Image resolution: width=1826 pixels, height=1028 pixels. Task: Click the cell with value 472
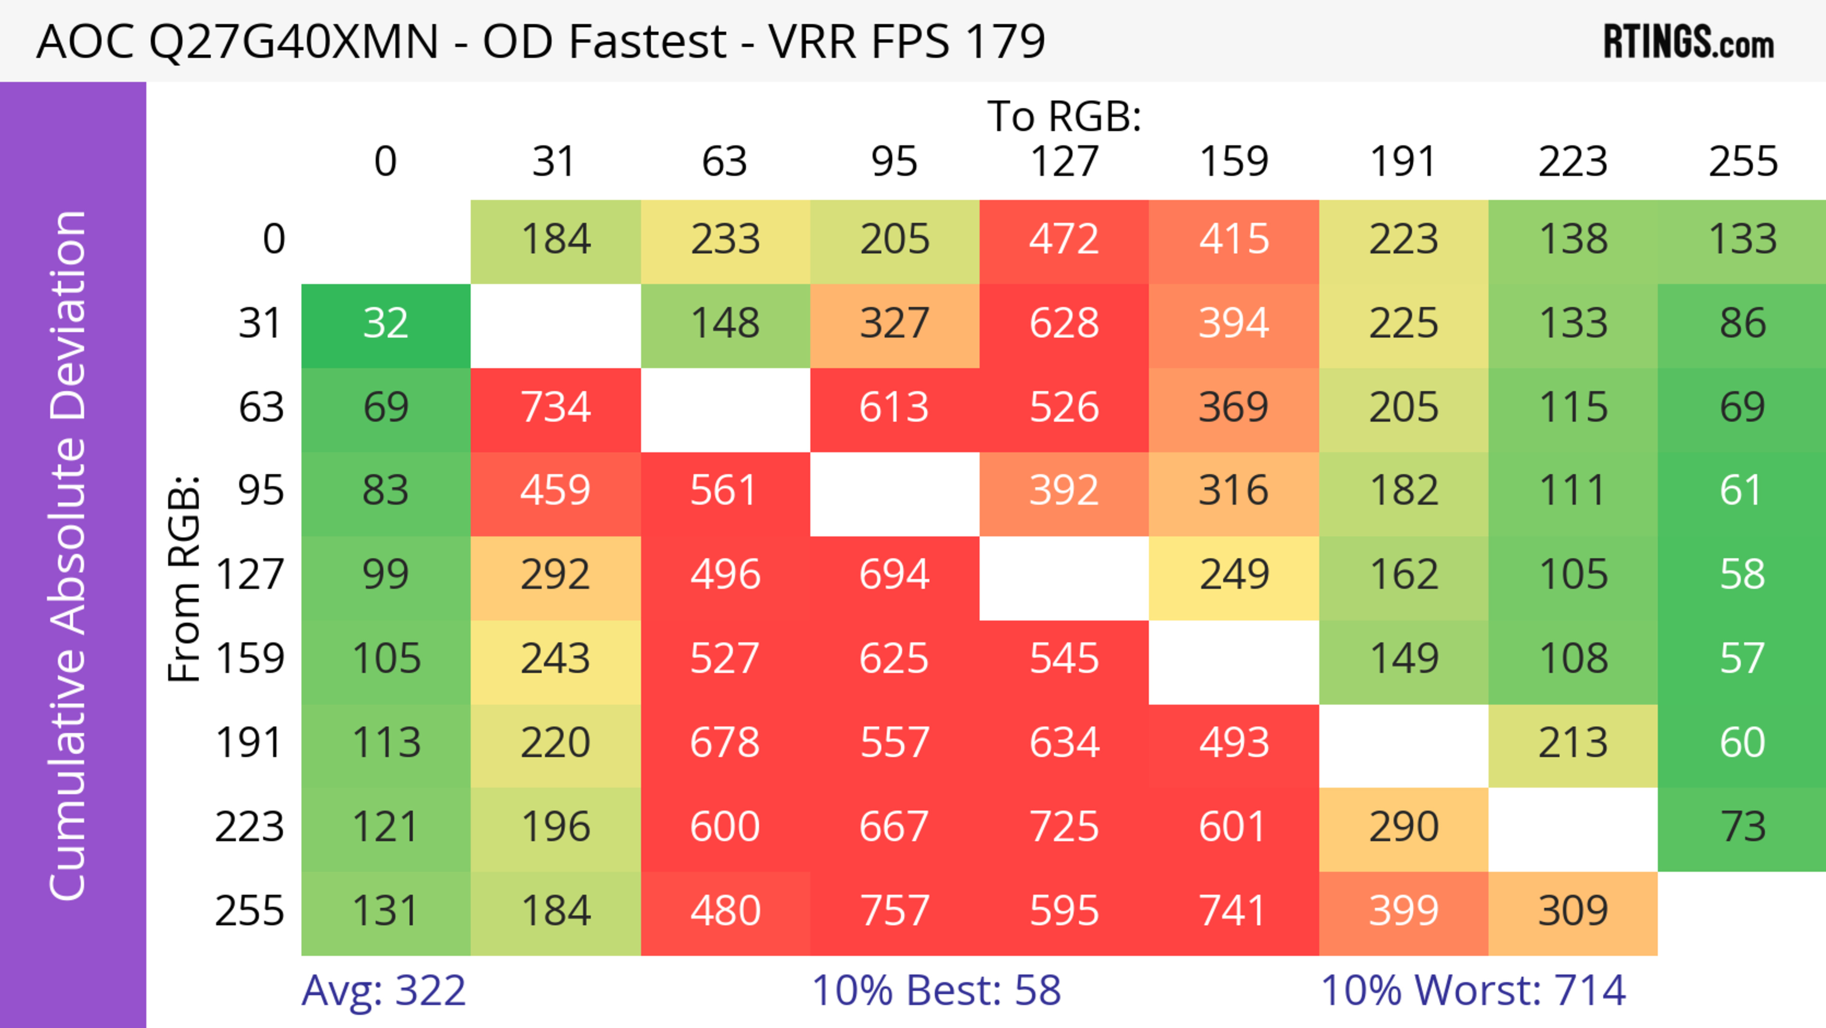tap(1064, 240)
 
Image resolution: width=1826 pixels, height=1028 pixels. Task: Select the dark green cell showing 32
tap(386, 324)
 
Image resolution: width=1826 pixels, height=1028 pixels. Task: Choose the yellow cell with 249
tap(1234, 575)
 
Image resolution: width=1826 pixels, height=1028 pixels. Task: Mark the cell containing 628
tap(1064, 324)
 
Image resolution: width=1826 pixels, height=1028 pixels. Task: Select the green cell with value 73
tap(1742, 827)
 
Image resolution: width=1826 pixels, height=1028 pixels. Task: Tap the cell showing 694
tap(894, 575)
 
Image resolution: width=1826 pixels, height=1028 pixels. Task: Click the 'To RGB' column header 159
tap(1234, 162)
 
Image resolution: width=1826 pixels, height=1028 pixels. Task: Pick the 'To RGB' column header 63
tap(724, 162)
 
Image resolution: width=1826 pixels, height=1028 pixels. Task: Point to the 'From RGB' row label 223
tap(250, 827)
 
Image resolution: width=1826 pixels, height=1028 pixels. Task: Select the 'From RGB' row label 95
tap(261, 490)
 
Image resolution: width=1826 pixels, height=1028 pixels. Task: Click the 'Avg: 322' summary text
tap(383, 990)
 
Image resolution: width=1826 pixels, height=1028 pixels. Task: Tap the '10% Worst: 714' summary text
tap(1473, 990)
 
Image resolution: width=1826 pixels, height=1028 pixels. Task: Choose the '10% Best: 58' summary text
tap(936, 990)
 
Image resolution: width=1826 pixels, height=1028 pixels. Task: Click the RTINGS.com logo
tap(1689, 42)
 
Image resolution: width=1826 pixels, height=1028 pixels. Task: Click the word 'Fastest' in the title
tap(648, 41)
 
